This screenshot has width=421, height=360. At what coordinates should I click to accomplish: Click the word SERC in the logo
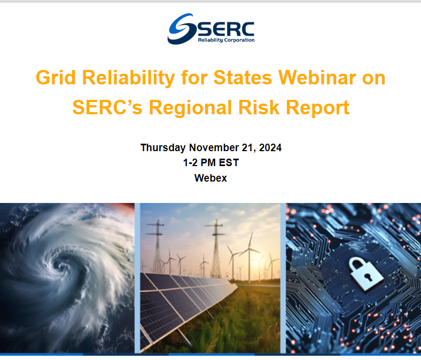coord(225,28)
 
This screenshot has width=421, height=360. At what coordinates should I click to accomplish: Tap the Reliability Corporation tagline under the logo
coord(226,40)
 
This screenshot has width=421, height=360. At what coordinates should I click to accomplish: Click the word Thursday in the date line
coord(162,148)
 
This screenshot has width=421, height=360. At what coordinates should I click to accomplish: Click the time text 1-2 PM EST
coord(210,163)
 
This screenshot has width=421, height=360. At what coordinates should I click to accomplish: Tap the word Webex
coord(210,178)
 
